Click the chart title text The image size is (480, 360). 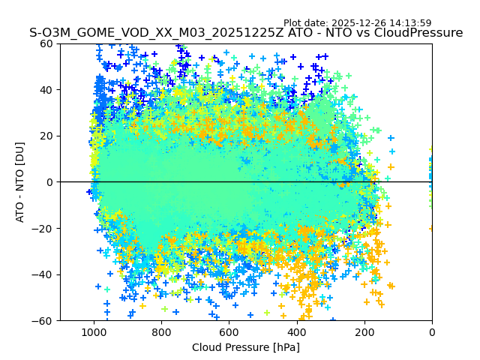point(246,33)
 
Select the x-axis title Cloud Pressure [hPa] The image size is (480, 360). point(246,347)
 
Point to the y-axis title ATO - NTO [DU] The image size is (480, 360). point(20,181)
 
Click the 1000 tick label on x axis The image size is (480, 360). point(94,332)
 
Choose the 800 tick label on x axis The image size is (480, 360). point(161,332)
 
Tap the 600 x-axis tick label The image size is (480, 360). point(229,332)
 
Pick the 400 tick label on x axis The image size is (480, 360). point(296,332)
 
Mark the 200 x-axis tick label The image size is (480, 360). point(364,332)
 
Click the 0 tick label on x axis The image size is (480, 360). point(431,332)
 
